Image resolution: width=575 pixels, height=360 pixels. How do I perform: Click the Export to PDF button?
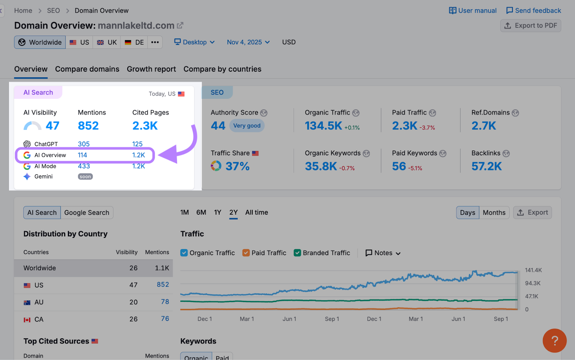(530, 26)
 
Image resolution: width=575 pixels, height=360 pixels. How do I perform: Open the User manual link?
(473, 10)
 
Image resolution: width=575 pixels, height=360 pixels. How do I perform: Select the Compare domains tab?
(87, 69)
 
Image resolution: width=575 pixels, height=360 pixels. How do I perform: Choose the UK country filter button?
(107, 42)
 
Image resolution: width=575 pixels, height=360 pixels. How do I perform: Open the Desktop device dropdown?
(194, 42)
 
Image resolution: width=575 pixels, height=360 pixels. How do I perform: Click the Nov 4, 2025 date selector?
(248, 42)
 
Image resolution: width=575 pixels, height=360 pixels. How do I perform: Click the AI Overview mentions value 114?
(82, 155)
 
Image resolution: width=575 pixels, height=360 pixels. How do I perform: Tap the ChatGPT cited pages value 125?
(137, 144)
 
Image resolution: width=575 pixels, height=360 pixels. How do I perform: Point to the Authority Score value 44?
(218, 126)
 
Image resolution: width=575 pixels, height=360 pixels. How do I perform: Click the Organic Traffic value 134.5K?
(323, 126)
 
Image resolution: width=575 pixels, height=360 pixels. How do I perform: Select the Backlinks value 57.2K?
(486, 166)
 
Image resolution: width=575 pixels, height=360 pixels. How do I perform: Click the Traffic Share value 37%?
(237, 166)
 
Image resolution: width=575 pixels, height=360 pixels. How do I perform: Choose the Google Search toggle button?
(87, 213)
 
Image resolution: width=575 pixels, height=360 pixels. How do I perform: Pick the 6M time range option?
(201, 212)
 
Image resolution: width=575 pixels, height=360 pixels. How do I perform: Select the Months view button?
(494, 213)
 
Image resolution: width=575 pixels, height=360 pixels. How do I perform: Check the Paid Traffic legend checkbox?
(246, 253)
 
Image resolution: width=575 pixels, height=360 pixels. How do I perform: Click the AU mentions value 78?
(165, 302)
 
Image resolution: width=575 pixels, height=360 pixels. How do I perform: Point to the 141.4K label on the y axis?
(533, 270)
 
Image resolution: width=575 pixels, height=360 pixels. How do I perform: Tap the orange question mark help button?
(554, 340)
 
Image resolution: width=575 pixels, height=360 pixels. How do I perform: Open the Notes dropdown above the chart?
(383, 253)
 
